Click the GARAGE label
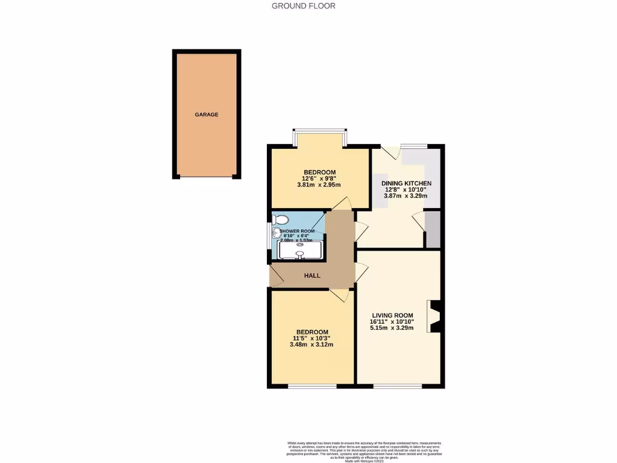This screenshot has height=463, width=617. [206, 115]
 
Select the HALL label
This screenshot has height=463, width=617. [312, 276]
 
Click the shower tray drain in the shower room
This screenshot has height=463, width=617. [300, 244]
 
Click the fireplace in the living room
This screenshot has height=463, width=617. [435, 317]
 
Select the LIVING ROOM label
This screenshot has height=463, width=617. [392, 315]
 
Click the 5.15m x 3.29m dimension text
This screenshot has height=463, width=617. [392, 328]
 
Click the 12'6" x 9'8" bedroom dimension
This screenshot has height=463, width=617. [319, 178]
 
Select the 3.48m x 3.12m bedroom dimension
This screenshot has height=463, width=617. [312, 345]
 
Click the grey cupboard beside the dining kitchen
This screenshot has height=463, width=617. [433, 230]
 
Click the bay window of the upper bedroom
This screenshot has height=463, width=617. [319, 130]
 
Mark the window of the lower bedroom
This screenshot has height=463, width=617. [312, 386]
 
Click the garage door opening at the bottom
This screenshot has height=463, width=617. [206, 177]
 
